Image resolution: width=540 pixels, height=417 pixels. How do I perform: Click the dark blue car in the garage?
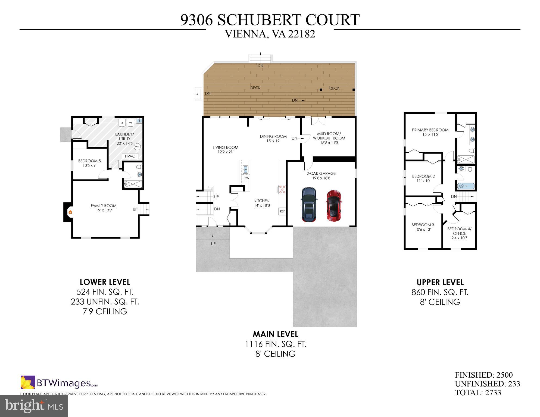click(x=309, y=205)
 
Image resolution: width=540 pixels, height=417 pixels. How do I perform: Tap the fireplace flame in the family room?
click(x=70, y=212)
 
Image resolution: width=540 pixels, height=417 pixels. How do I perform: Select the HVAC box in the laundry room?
click(x=130, y=156)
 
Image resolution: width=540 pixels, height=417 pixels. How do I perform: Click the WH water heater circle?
click(x=137, y=147)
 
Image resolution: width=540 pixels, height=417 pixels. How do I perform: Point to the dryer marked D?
click(x=122, y=123)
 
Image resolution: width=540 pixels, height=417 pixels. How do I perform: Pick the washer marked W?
click(x=130, y=123)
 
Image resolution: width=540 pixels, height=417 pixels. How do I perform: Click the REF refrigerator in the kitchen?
click(x=282, y=211)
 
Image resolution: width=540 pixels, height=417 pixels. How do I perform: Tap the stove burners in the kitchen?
click(x=282, y=189)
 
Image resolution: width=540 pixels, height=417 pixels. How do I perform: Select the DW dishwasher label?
click(x=246, y=178)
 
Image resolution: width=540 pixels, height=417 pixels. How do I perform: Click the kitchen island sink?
click(x=245, y=169)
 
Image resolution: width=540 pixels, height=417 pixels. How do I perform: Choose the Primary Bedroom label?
click(x=430, y=130)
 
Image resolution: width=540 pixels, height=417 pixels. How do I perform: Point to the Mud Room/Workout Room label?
click(x=329, y=136)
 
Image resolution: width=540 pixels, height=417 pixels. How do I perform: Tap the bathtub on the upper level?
click(x=466, y=186)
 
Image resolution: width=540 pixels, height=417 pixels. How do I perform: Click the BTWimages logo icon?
click(x=28, y=382)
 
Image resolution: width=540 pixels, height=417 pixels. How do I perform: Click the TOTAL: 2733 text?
click(x=478, y=393)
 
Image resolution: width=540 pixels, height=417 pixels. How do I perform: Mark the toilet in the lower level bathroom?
click(x=139, y=167)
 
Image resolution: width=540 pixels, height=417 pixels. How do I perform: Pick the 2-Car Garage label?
click(x=321, y=173)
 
